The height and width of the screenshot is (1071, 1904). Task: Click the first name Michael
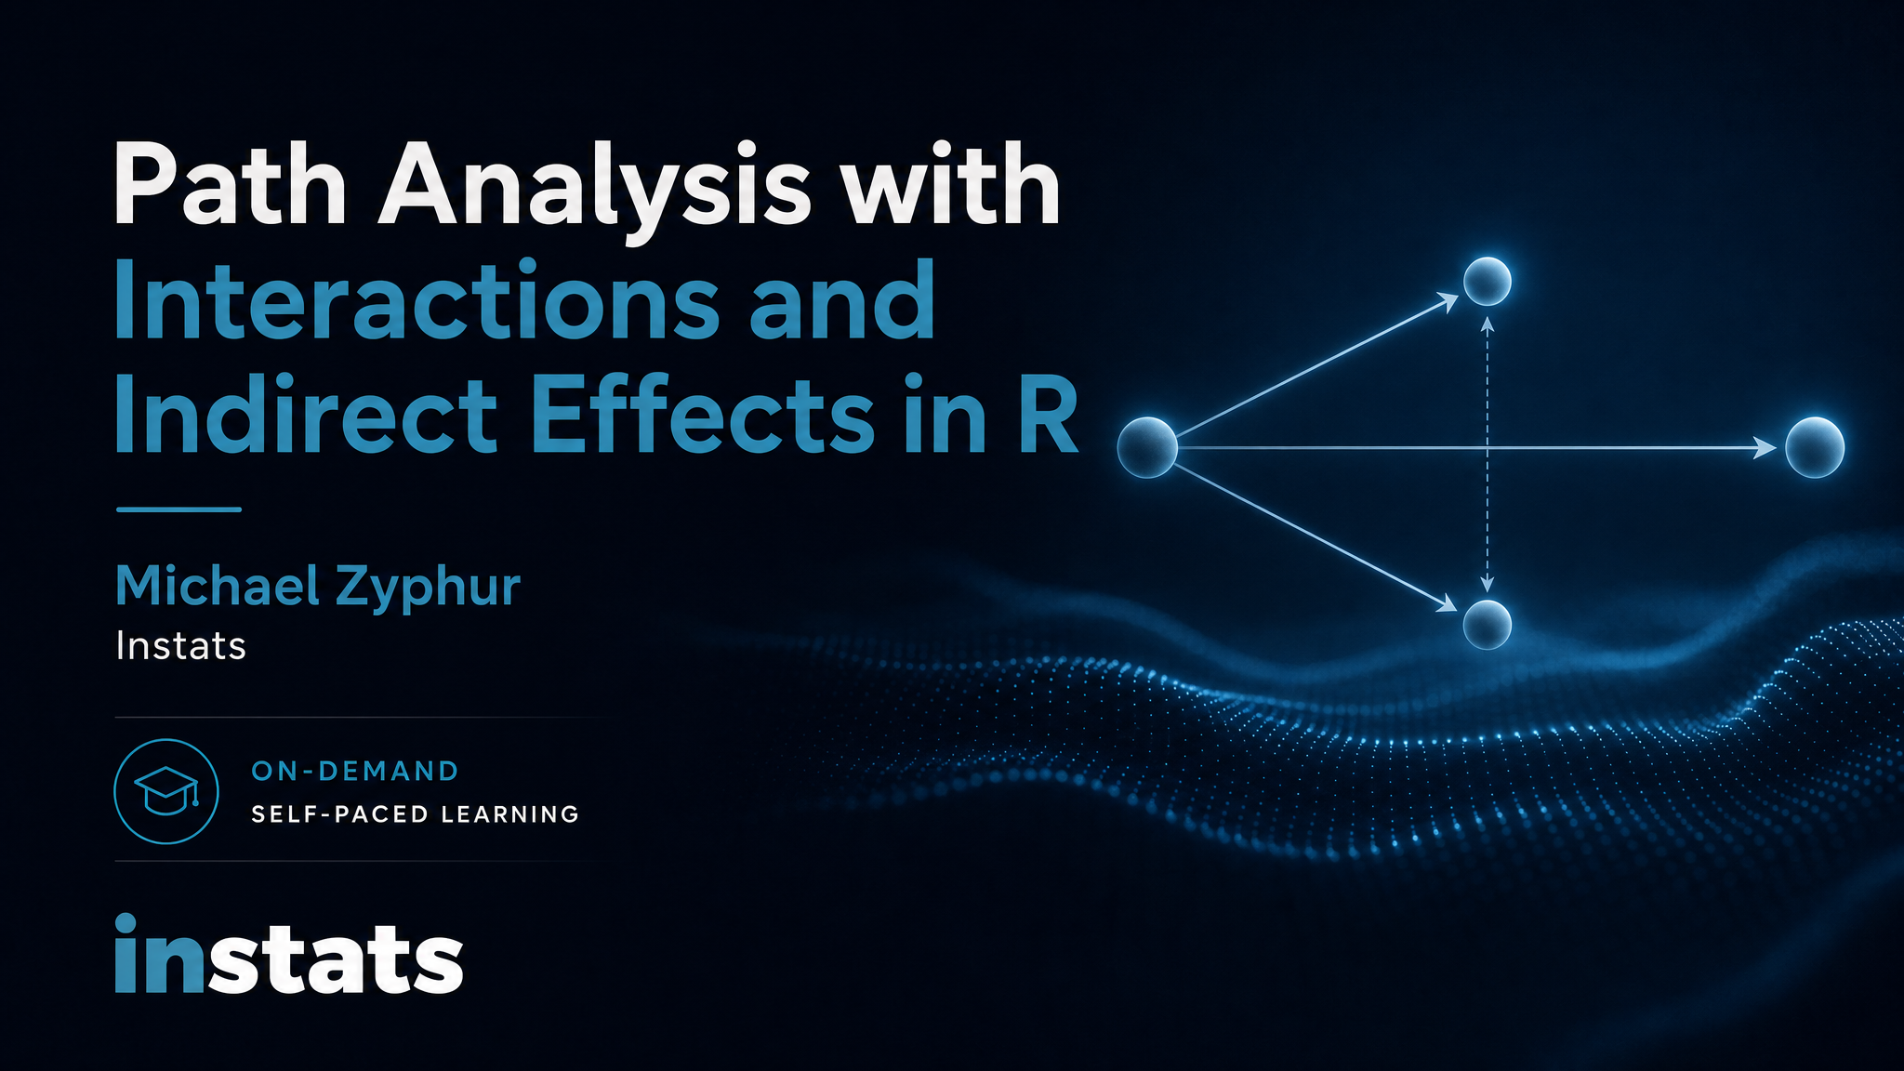tap(216, 586)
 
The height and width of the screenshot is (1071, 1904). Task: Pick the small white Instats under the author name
tap(181, 646)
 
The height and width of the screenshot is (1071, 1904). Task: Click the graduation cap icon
tap(166, 791)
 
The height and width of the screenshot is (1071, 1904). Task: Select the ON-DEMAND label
tap(355, 771)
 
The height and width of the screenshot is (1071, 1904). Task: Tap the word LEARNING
tap(510, 814)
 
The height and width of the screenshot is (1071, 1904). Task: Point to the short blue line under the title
tap(178, 509)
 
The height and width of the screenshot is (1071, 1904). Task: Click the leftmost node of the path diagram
tap(1147, 447)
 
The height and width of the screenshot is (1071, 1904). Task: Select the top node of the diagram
tap(1487, 281)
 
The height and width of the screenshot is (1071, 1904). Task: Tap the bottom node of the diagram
tap(1487, 624)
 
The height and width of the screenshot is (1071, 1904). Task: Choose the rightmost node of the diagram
tap(1815, 447)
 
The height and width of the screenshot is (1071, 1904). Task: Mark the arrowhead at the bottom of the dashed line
tap(1487, 584)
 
